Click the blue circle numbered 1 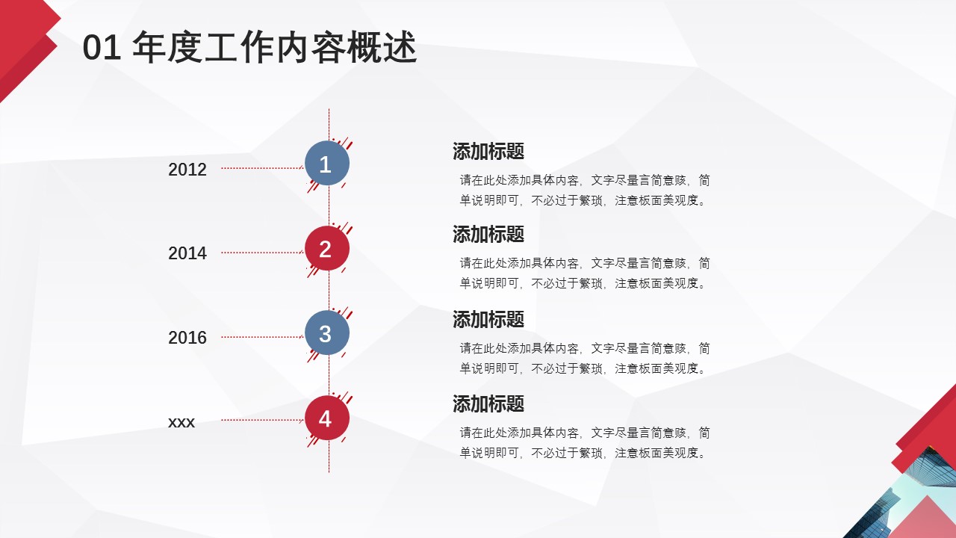coord(327,163)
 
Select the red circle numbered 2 coord(327,248)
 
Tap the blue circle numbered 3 coord(327,333)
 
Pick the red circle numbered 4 coord(327,418)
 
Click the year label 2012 coord(187,170)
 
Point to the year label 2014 coord(187,253)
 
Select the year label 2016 coord(187,338)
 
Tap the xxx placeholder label coord(181,422)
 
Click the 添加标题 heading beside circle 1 coord(488,151)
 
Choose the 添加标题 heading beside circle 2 coord(488,235)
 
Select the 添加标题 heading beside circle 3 coord(488,319)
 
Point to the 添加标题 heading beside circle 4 coord(488,404)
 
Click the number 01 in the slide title coord(102,47)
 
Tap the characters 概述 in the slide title coord(382,47)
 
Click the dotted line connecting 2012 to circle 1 coord(262,168)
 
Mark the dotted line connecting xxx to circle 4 coord(262,420)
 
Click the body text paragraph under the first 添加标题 coord(584,190)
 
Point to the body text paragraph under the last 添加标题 coord(584,442)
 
